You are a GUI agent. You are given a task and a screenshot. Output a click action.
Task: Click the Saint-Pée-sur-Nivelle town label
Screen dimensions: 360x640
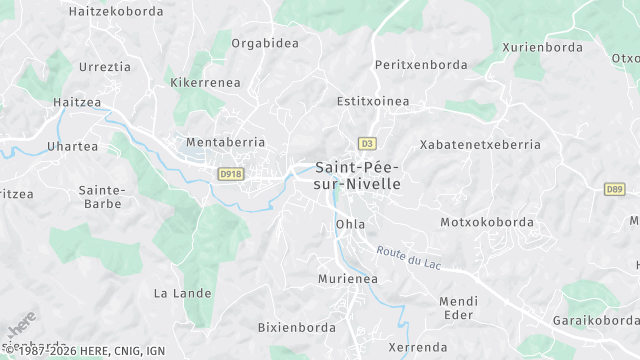point(358,175)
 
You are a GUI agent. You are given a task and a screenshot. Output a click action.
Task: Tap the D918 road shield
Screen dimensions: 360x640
point(231,174)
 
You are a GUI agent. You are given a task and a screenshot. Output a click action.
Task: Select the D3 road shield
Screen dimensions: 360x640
point(368,142)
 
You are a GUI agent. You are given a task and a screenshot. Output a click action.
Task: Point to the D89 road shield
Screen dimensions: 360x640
point(614,188)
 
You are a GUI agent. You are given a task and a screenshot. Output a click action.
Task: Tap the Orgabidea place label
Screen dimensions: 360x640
point(265,43)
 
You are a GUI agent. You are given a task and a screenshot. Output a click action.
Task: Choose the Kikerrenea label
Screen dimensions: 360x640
point(205,82)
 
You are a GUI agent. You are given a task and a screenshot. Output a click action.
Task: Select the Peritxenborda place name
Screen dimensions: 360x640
point(421,64)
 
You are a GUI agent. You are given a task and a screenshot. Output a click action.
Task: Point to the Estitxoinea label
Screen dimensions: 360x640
point(374,101)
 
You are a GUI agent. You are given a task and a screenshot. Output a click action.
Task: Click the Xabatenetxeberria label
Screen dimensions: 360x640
point(480,144)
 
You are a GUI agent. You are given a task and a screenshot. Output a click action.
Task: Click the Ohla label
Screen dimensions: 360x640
point(351,224)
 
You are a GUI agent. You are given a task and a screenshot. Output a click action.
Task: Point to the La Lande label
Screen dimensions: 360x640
point(182,293)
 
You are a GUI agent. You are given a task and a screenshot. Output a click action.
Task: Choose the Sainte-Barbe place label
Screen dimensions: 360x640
point(101,196)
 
